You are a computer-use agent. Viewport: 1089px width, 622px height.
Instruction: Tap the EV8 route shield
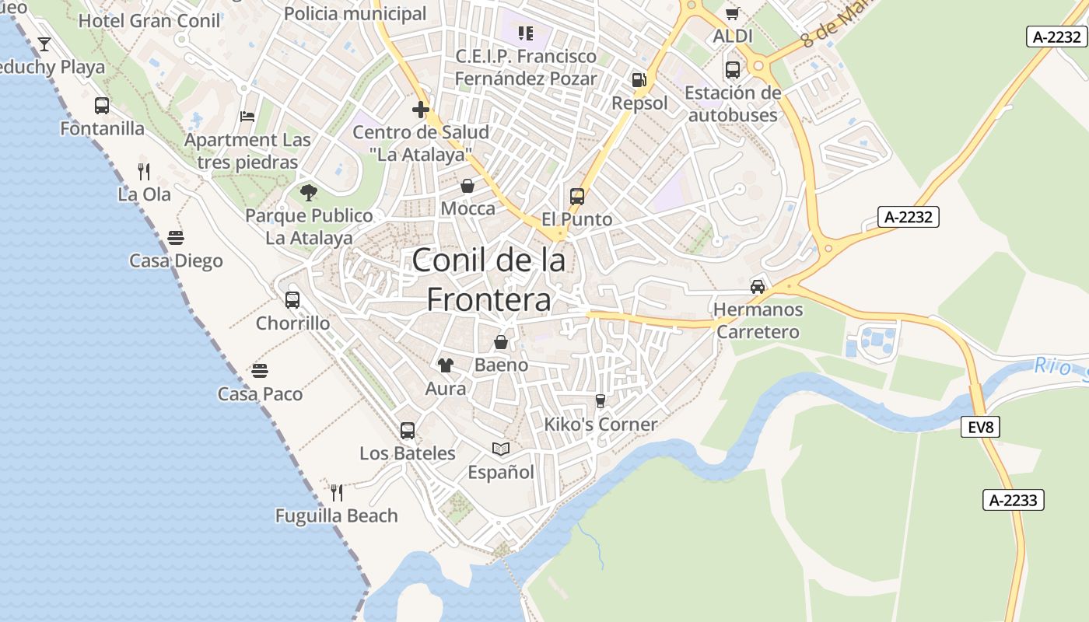pos(980,427)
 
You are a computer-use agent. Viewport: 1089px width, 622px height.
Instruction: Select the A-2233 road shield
pos(1013,500)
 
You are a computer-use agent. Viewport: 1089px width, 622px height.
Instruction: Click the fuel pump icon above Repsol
pos(639,80)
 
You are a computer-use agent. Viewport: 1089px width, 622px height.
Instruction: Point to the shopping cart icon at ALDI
pos(732,14)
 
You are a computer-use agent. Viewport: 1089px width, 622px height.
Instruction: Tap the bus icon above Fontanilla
pos(102,106)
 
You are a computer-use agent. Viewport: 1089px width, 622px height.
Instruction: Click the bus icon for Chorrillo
pos(292,300)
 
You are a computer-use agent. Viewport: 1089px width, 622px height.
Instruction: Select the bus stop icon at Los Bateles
pos(407,431)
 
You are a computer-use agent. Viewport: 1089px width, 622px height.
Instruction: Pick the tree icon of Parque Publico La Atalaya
pos(309,193)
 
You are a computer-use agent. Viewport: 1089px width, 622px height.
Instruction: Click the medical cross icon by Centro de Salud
pos(421,110)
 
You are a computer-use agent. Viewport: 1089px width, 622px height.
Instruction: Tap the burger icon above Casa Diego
pos(176,238)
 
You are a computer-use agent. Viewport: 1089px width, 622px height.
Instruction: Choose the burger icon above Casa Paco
pos(260,371)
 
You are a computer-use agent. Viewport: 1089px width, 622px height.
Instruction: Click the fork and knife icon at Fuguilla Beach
pos(337,492)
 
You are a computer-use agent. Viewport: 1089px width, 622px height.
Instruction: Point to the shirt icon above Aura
pos(446,365)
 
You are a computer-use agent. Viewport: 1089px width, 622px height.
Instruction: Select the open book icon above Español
pos(501,449)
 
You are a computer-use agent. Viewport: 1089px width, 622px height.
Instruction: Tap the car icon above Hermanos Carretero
pos(758,286)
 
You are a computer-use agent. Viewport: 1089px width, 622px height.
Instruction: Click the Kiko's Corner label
pos(601,425)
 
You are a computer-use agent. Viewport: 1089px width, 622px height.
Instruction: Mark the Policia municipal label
pos(355,13)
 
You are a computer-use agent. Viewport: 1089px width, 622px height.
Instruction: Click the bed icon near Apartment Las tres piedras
pos(247,117)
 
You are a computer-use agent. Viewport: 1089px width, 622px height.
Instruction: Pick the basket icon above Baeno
pos(501,342)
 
